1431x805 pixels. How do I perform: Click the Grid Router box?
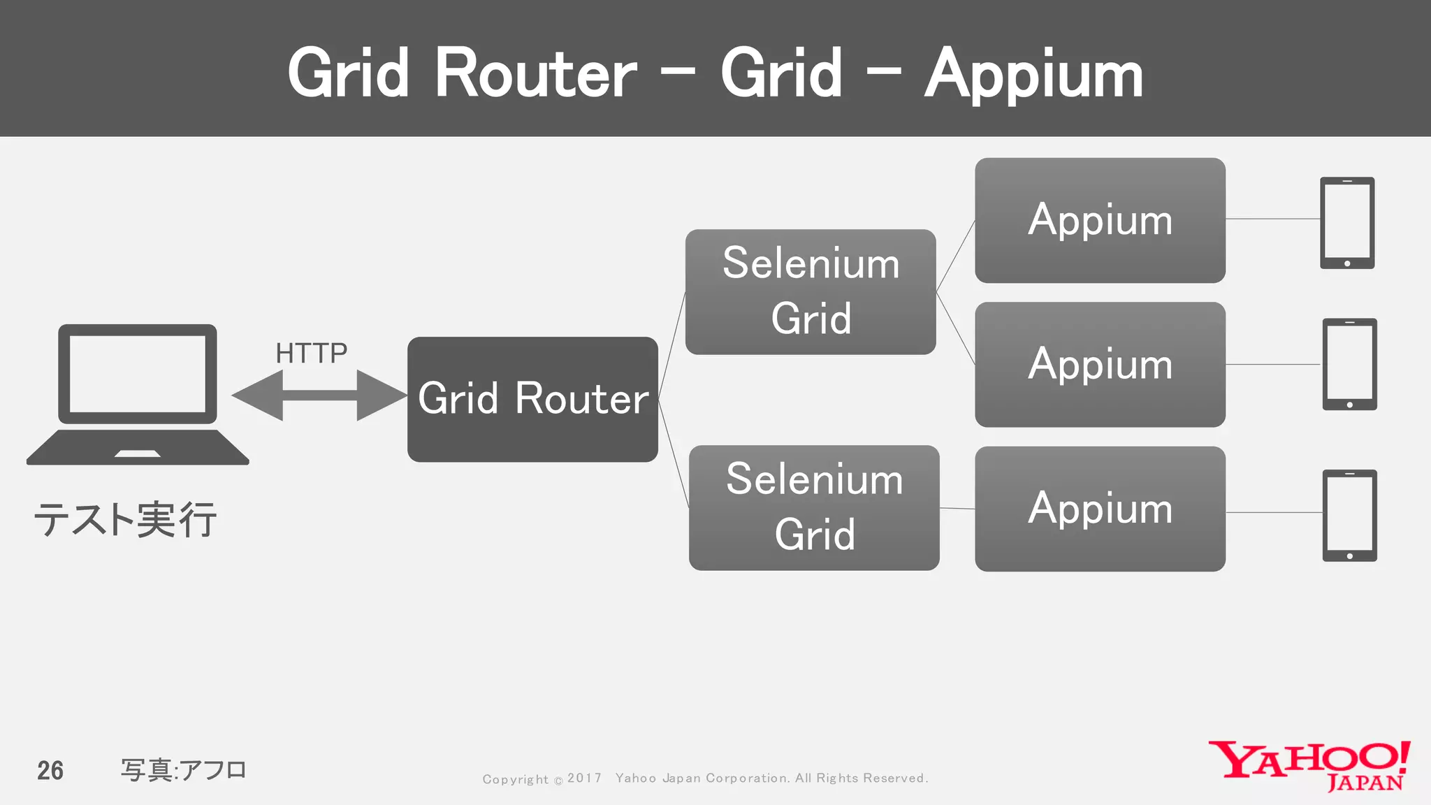coord(532,399)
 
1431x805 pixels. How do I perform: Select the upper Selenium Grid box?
coord(811,291)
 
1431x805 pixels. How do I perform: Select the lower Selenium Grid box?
coord(814,507)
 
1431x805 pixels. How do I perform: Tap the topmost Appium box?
coord(1100,220)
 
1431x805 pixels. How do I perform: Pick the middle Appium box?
coord(1100,364)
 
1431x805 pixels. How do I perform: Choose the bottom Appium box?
coord(1100,509)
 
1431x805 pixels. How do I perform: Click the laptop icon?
coord(138,394)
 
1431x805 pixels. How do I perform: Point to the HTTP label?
coord(311,353)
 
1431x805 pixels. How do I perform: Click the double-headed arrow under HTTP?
coord(319,396)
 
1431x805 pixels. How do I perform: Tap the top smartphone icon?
coord(1347,223)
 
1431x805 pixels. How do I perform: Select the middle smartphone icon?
coord(1349,364)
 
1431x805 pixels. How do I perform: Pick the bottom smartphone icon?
coord(1349,515)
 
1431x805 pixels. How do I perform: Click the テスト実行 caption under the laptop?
coord(126,520)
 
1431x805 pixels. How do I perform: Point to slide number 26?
coord(50,770)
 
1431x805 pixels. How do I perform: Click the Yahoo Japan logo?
coord(1309,765)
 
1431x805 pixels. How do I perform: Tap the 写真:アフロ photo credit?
coord(184,770)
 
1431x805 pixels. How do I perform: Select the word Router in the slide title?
coord(536,73)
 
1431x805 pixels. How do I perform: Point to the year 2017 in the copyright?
coord(584,778)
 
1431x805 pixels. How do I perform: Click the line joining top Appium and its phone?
coord(1272,219)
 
